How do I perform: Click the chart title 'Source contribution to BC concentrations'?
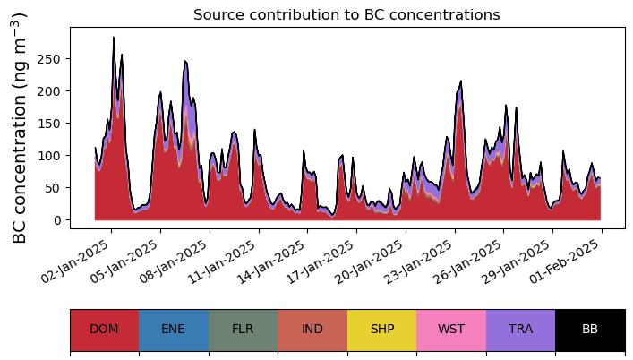coord(346,15)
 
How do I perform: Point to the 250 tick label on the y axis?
coord(48,59)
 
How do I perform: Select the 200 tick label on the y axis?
coord(48,91)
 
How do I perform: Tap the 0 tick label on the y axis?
coord(56,220)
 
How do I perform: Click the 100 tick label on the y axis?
coord(48,156)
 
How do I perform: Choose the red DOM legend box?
coord(105,330)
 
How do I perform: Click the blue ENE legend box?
coord(174,330)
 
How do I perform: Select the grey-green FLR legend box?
coord(243,330)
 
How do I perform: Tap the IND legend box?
coord(312,330)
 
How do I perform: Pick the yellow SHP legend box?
coord(382,330)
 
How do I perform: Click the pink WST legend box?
coord(451,330)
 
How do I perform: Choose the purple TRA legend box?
coord(521,330)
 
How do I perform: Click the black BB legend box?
coord(590,330)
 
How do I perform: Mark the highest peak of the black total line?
coord(114,37)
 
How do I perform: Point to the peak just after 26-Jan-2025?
coord(460,81)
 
